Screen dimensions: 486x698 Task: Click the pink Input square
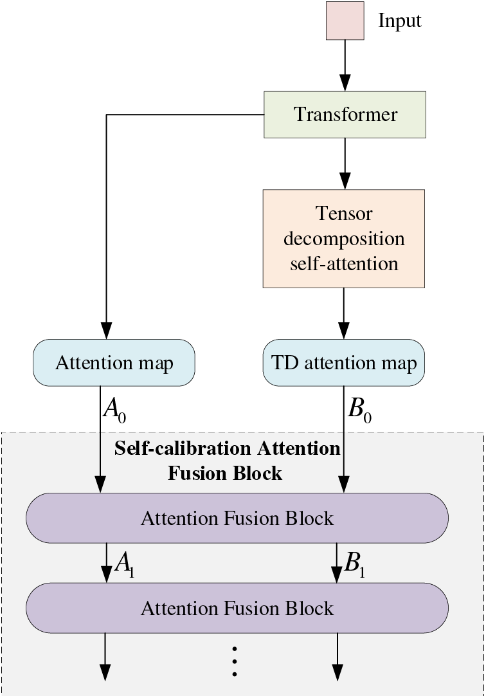[x=345, y=21]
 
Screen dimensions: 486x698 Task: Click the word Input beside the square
[x=399, y=21]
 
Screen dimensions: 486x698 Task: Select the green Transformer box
[x=345, y=115]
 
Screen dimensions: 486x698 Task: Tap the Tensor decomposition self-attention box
[x=344, y=239]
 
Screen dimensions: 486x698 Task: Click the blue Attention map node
[x=114, y=362]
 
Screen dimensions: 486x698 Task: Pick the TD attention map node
[x=344, y=362]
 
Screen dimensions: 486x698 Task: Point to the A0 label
[x=114, y=410]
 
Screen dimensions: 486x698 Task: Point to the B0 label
[x=359, y=410]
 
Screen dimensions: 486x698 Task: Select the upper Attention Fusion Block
[x=237, y=518]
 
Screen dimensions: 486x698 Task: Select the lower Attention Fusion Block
[x=237, y=608]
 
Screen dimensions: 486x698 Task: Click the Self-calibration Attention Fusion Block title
[x=227, y=460]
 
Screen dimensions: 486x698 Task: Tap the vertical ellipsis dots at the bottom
[x=235, y=661]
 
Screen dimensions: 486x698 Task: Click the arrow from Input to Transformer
[x=345, y=66]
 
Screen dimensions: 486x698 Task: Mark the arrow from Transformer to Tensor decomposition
[x=345, y=164]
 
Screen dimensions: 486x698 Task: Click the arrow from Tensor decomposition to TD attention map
[x=344, y=313]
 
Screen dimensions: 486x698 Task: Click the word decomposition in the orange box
[x=344, y=239]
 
